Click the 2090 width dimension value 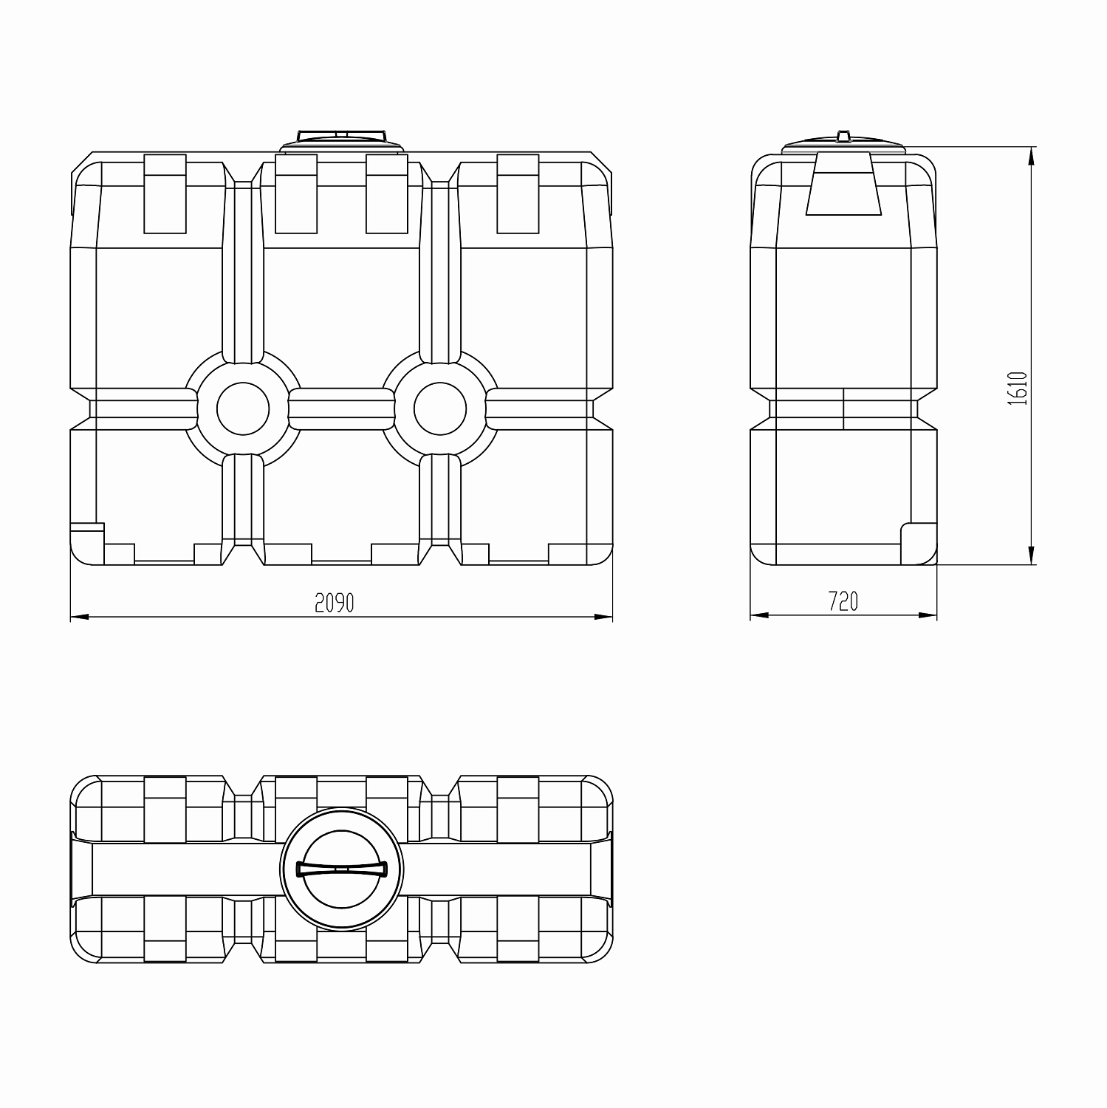pos(335,603)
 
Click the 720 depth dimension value pos(843,602)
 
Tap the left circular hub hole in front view pos(243,408)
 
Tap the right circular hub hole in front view pos(440,408)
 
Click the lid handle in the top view pos(342,868)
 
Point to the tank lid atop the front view pos(342,140)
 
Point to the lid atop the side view pos(843,143)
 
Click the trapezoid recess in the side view pos(843,184)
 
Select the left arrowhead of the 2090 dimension pos(80,616)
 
